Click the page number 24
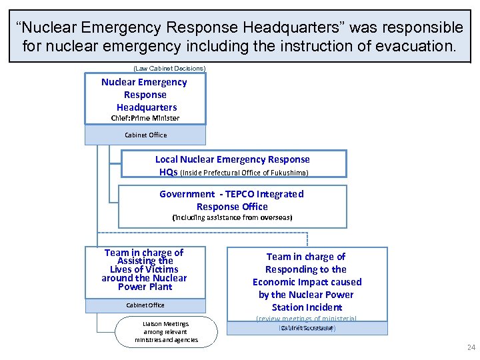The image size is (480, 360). point(471,347)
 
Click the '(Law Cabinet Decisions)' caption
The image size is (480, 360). point(169,68)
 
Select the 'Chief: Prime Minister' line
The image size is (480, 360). point(145,118)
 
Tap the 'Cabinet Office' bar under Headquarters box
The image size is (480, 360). point(145,135)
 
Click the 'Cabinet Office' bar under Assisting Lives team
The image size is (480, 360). point(145,305)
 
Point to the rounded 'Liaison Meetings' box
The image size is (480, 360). point(166,331)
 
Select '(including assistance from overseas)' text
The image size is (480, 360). point(232,217)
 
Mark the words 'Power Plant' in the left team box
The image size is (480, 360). point(145,287)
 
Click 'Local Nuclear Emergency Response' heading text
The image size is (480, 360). point(232,159)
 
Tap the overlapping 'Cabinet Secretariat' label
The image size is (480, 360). point(307,327)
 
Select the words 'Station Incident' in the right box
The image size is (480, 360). point(307,307)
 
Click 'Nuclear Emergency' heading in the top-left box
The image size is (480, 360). point(144,82)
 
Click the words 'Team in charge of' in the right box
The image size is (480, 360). point(306,257)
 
